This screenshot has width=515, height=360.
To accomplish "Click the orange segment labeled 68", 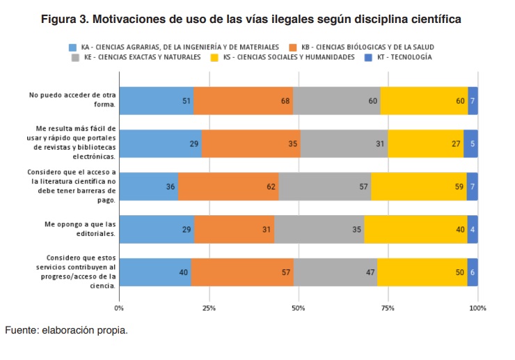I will (x=243, y=101).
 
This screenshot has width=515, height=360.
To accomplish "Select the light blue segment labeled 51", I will (x=156, y=101).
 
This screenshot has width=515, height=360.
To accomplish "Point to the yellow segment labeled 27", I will (x=425, y=143).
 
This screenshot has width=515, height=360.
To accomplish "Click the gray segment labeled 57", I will (x=324, y=186).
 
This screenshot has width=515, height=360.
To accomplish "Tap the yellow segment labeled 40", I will (x=415, y=229).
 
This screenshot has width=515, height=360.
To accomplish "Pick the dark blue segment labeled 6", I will (x=473, y=272).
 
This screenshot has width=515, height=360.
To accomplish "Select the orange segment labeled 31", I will (x=235, y=229).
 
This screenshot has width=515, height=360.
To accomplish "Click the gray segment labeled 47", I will (x=335, y=272).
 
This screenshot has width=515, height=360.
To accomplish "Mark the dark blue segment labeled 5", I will (x=470, y=143).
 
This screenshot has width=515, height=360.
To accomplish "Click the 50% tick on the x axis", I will (x=299, y=308).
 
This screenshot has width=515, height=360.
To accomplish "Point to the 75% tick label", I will (x=388, y=308).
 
